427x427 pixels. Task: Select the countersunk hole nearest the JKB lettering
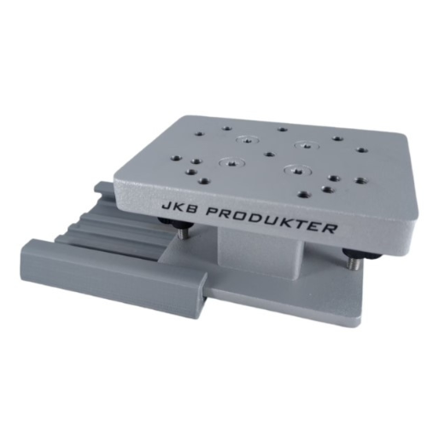tap(227, 162)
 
